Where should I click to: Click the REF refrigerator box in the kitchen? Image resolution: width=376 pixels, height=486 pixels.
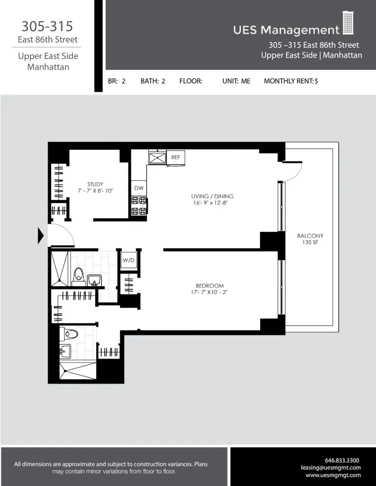(x=176, y=157)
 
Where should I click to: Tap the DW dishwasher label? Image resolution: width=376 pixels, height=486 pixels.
(x=138, y=188)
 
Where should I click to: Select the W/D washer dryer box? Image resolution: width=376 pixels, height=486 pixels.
(x=129, y=260)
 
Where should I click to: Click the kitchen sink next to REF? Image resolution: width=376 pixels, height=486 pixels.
(x=158, y=158)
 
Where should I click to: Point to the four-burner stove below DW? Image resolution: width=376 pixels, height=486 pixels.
(x=139, y=206)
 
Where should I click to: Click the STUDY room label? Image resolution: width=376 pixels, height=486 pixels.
(x=95, y=184)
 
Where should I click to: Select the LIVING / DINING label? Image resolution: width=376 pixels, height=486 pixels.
(x=212, y=196)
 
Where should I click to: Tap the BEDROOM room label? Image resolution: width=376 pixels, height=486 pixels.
(x=210, y=286)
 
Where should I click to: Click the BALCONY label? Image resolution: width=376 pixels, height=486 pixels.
(x=310, y=236)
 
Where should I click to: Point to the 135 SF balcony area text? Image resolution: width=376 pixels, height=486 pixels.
(x=310, y=242)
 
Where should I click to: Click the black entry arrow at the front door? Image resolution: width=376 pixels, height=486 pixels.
(x=41, y=236)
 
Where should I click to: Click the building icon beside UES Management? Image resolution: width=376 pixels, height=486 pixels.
(x=348, y=23)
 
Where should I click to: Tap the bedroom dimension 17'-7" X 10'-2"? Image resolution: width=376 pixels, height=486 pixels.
(x=210, y=293)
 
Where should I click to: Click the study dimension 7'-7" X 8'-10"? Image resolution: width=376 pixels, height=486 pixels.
(x=95, y=191)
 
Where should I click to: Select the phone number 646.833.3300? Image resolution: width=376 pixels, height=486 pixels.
(x=342, y=460)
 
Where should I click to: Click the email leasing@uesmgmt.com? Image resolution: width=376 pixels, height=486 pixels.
(x=331, y=468)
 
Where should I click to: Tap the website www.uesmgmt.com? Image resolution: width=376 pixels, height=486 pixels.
(x=333, y=475)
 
